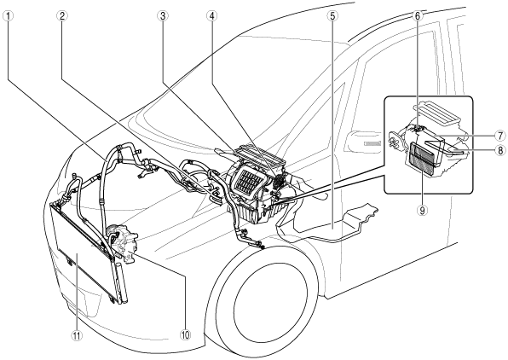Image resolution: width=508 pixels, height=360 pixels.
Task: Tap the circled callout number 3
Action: pyautogui.click(x=162, y=16)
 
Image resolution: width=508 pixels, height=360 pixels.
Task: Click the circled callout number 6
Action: pyautogui.click(x=418, y=16)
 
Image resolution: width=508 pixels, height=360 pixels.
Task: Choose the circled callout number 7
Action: pyautogui.click(x=500, y=136)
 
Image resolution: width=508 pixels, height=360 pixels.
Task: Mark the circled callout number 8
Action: pyautogui.click(x=500, y=150)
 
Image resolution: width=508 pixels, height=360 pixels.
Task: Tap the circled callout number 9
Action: pyautogui.click(x=423, y=210)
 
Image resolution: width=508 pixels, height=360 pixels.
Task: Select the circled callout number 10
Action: pyautogui.click(x=185, y=335)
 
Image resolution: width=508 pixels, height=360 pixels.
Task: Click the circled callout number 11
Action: pyautogui.click(x=77, y=335)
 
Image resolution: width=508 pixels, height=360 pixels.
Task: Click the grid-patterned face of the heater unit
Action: pyautogui.click(x=247, y=181)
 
